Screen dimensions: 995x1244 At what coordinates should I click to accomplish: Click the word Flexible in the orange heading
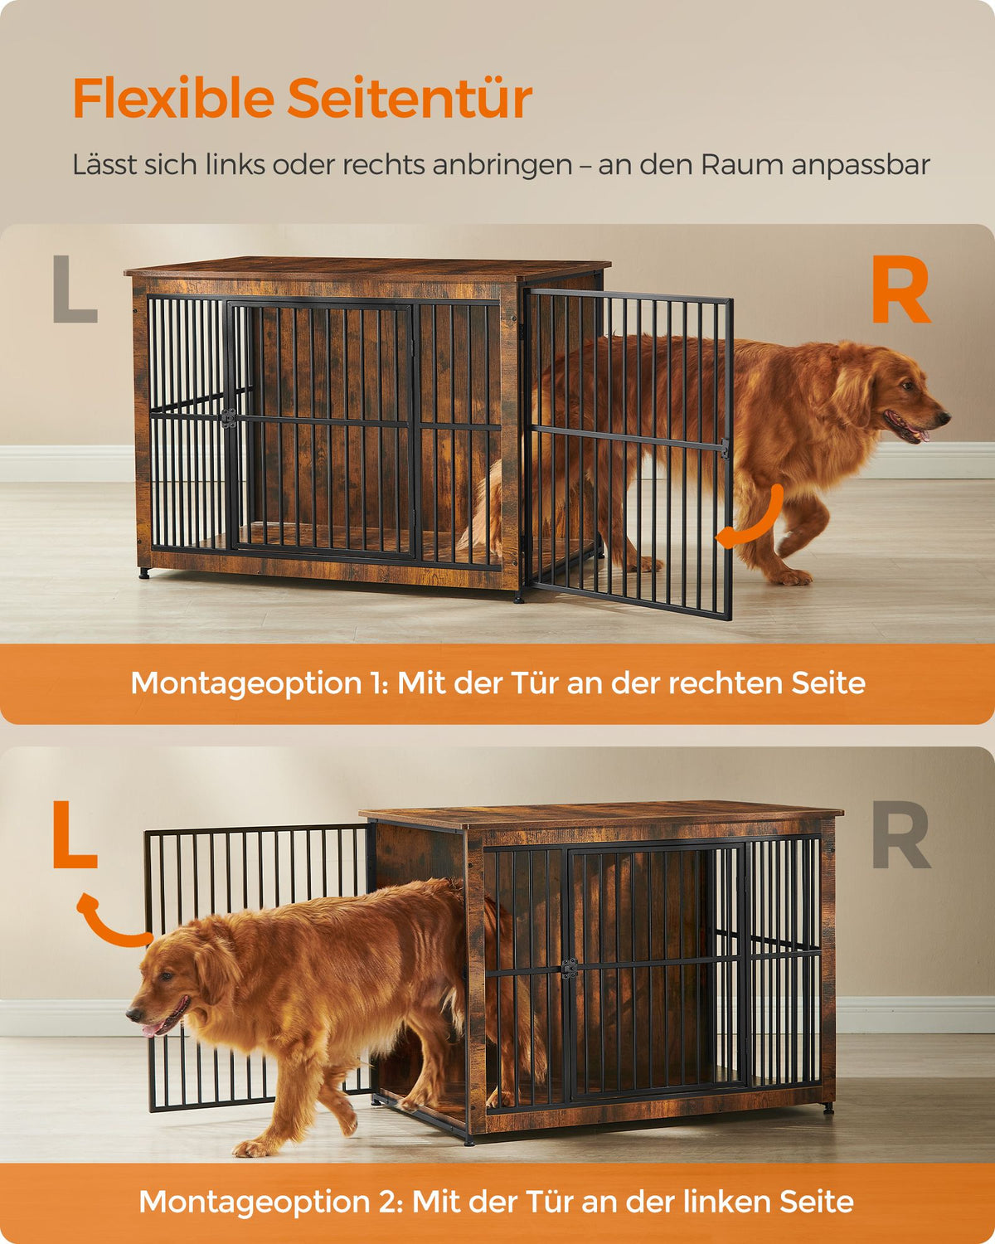173,98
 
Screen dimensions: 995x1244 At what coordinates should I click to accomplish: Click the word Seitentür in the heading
410,98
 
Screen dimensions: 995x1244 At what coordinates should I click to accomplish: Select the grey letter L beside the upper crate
75,289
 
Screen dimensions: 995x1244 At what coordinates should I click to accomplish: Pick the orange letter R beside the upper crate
900,289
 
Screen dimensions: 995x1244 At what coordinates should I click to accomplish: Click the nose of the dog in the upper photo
944,416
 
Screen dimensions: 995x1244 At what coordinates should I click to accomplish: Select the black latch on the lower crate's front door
569,969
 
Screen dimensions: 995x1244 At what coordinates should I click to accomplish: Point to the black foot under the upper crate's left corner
144,573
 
